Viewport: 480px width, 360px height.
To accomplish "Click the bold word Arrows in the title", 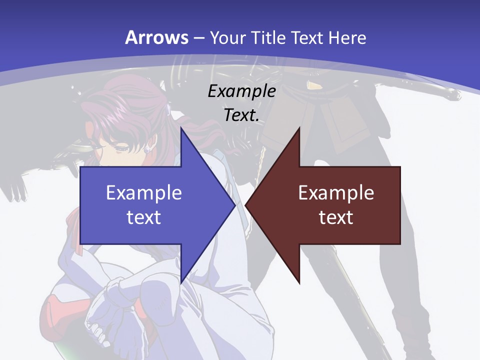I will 156,37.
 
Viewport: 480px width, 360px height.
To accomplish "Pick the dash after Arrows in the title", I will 198,38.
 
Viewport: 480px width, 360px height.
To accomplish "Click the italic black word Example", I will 241,91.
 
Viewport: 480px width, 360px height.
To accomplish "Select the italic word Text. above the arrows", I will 241,115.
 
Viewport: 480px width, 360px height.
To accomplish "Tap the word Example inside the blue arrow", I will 144,193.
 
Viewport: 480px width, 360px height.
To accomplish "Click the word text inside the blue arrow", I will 144,217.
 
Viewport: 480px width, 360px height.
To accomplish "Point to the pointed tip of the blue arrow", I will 234,205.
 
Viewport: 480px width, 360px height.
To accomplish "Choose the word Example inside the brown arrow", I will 336,193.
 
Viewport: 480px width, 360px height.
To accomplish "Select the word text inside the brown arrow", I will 336,217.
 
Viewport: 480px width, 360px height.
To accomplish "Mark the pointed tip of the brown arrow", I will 246,205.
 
